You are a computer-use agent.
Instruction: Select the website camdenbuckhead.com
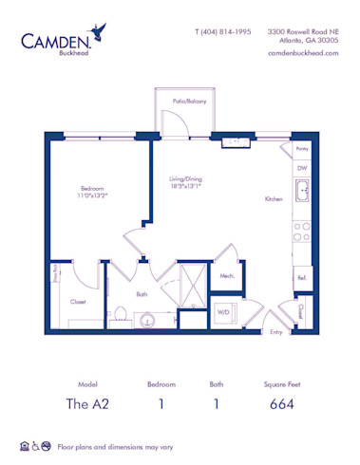click(303, 53)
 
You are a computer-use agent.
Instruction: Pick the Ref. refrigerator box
click(301, 277)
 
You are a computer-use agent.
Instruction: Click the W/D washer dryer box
click(224, 310)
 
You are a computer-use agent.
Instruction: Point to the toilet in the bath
click(122, 314)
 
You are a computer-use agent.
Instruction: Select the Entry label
click(276, 331)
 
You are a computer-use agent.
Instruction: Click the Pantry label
click(302, 149)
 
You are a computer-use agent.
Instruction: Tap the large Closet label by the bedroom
click(79, 302)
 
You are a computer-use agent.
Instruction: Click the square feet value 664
click(281, 403)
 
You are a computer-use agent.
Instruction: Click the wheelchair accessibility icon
click(35, 444)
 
